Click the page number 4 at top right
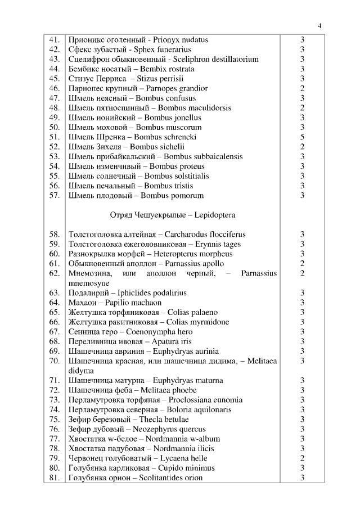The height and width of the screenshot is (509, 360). pos(319,26)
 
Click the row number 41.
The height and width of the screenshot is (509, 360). pos(55,40)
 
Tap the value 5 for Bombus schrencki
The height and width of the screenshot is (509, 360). pos(302,137)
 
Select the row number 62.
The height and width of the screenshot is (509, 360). pos(55,273)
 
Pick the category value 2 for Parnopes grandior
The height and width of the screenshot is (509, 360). pos(302,88)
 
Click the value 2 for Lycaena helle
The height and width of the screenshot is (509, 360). pos(302,458)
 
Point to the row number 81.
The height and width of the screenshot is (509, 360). pos(55,478)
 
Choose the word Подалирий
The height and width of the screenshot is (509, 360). pos(88,293)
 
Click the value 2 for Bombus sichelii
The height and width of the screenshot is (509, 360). pos(302,147)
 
